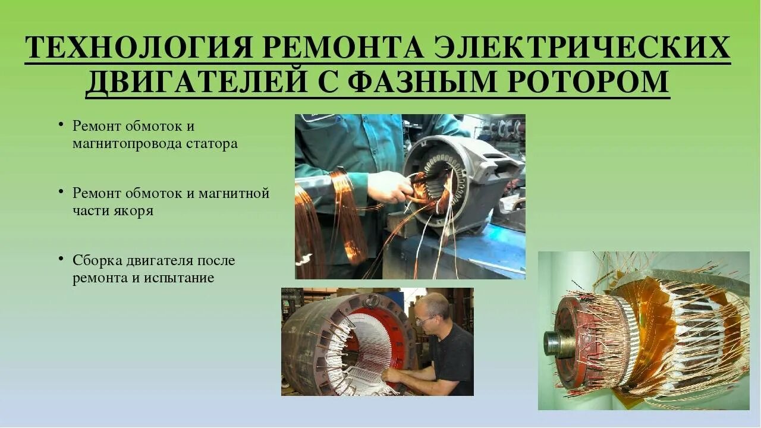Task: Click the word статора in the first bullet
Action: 212,144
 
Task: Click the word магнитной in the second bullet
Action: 238,193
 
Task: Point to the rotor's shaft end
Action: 552,343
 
